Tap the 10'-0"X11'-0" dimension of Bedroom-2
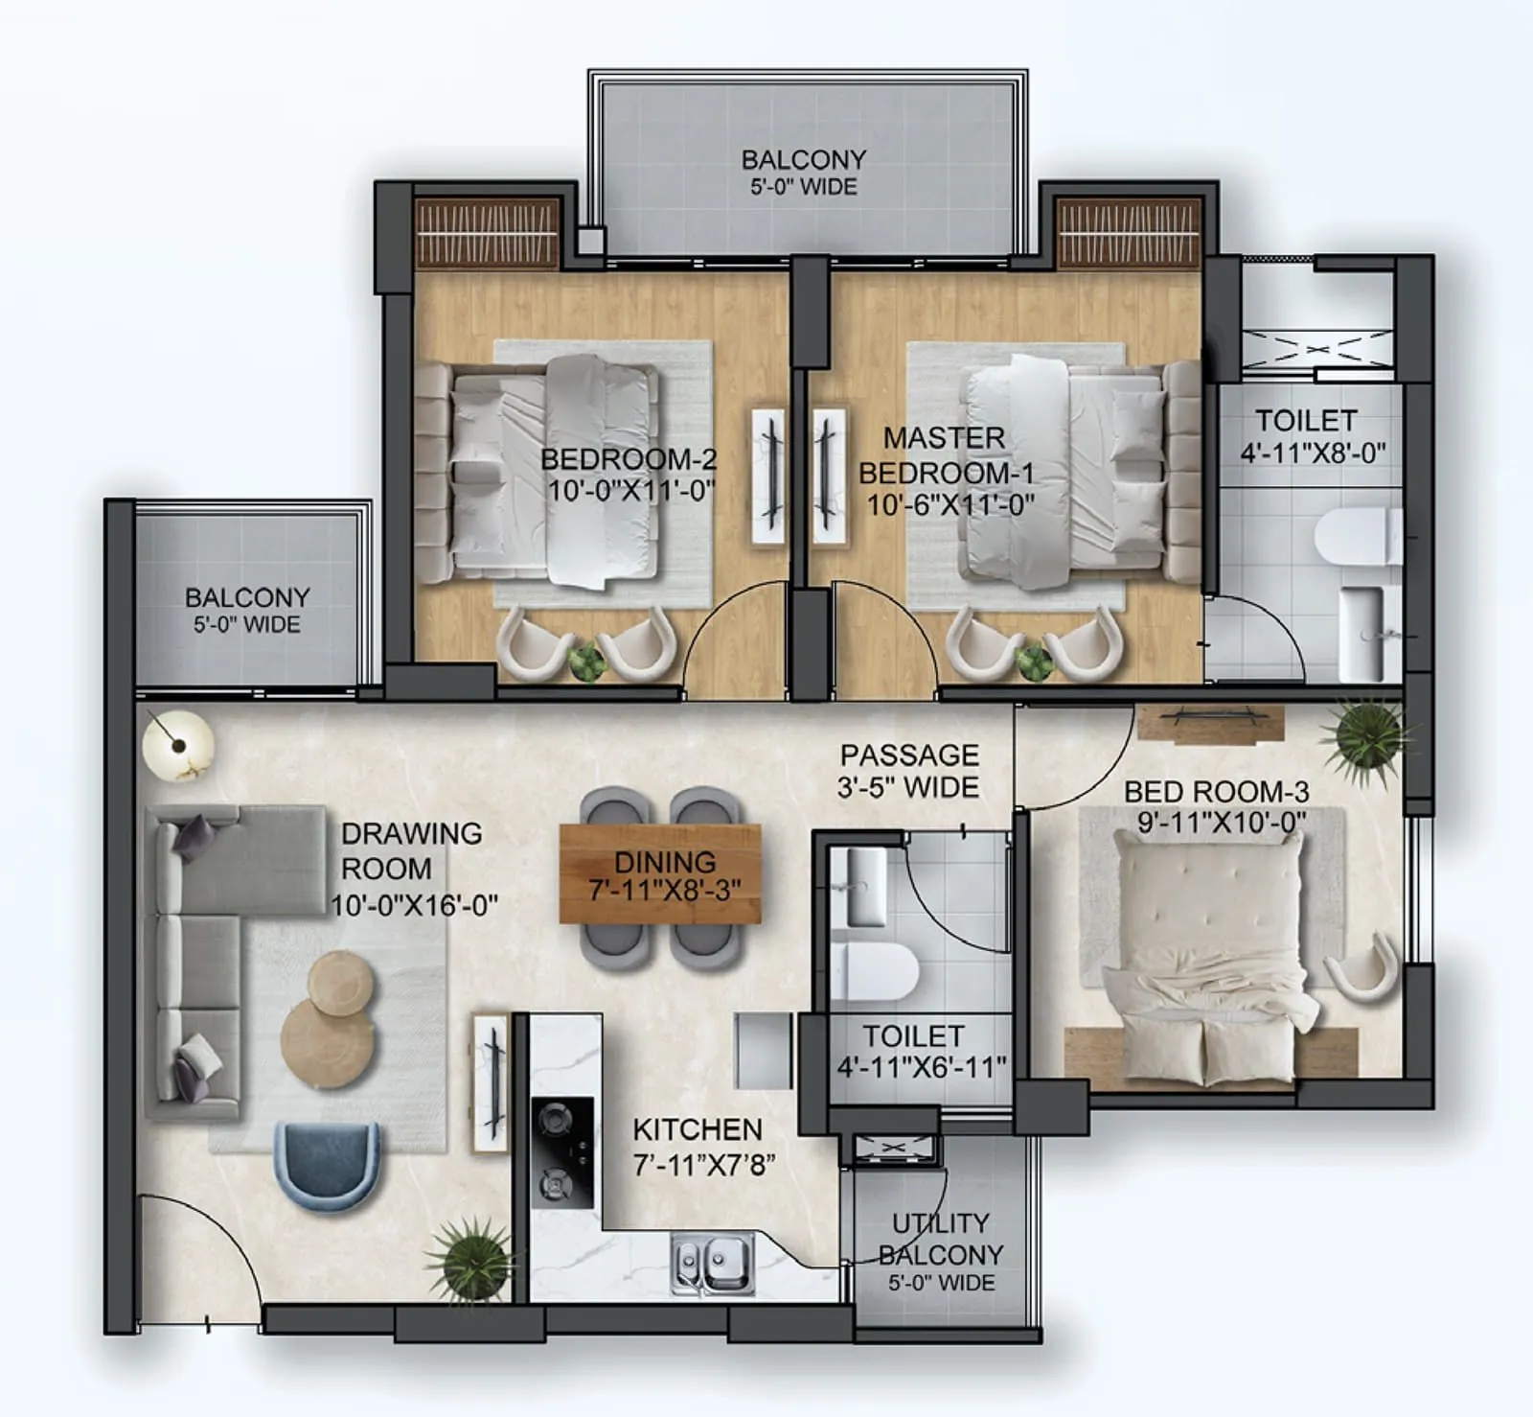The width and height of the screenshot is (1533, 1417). [x=631, y=491]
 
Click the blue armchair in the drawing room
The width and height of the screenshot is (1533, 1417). [x=327, y=1164]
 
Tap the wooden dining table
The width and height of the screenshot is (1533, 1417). [x=660, y=873]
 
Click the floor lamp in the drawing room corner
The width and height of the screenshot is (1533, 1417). [x=178, y=745]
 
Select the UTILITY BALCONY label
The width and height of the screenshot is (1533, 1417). [x=940, y=1239]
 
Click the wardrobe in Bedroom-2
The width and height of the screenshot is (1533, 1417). [x=487, y=233]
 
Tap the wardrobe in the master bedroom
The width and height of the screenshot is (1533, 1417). [x=1128, y=233]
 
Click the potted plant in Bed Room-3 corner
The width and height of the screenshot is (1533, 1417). [x=1364, y=733]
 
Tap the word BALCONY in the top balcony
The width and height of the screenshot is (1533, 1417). [x=803, y=159]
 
